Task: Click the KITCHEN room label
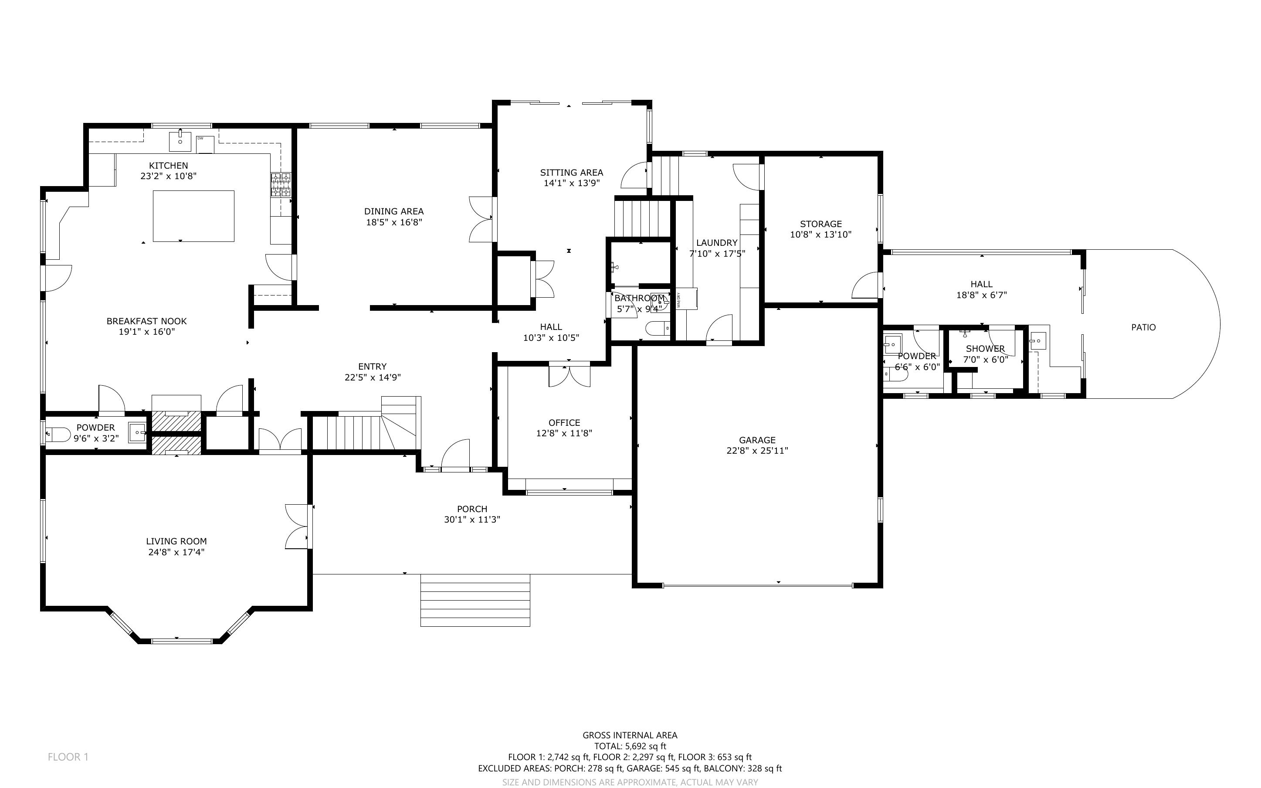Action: [x=168, y=166]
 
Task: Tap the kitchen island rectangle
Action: [x=193, y=216]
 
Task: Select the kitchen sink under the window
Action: [x=180, y=141]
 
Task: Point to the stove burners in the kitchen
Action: [x=280, y=185]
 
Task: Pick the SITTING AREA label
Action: [x=571, y=173]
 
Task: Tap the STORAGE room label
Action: [x=821, y=224]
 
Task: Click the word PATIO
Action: [x=1143, y=327]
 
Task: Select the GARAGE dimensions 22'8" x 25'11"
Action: [x=757, y=451]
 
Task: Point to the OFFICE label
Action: [x=564, y=423]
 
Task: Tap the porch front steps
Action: [x=475, y=600]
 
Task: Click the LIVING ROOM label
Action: [x=176, y=541]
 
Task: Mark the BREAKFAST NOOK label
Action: [x=146, y=322]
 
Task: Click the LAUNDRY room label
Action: [x=717, y=243]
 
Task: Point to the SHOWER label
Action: [x=985, y=349]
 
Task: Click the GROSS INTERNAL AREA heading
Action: [x=630, y=735]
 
